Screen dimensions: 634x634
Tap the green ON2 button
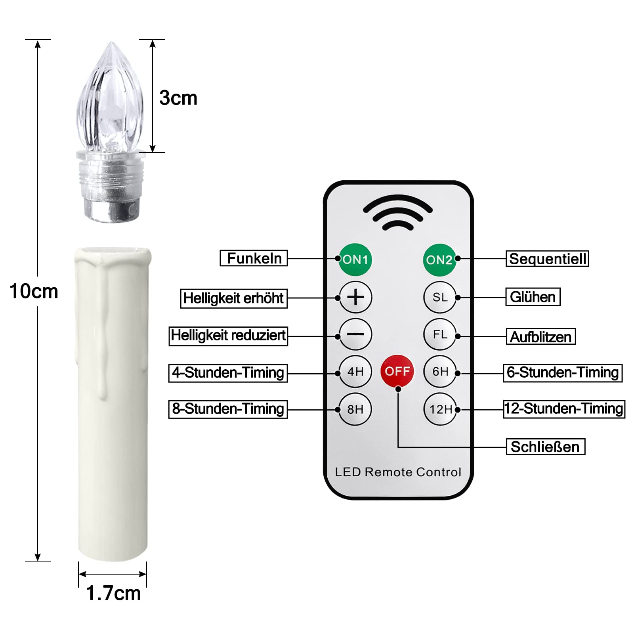pos(440,260)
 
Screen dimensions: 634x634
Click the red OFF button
pos(397,371)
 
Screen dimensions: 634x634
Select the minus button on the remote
pos(355,334)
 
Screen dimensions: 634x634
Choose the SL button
pos(440,297)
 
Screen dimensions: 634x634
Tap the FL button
pos(440,334)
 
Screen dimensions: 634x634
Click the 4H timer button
pos(355,371)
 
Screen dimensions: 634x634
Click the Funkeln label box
pos(254,258)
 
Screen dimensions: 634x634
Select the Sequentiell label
pos(547,259)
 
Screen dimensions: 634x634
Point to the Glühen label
pos(533,297)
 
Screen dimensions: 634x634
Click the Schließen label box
pos(546,447)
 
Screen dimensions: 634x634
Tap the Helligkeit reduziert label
pos(228,336)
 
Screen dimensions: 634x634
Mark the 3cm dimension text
pos(178,98)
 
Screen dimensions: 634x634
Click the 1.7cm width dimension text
pos(113,593)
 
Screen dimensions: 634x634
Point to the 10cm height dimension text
pos(34,291)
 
